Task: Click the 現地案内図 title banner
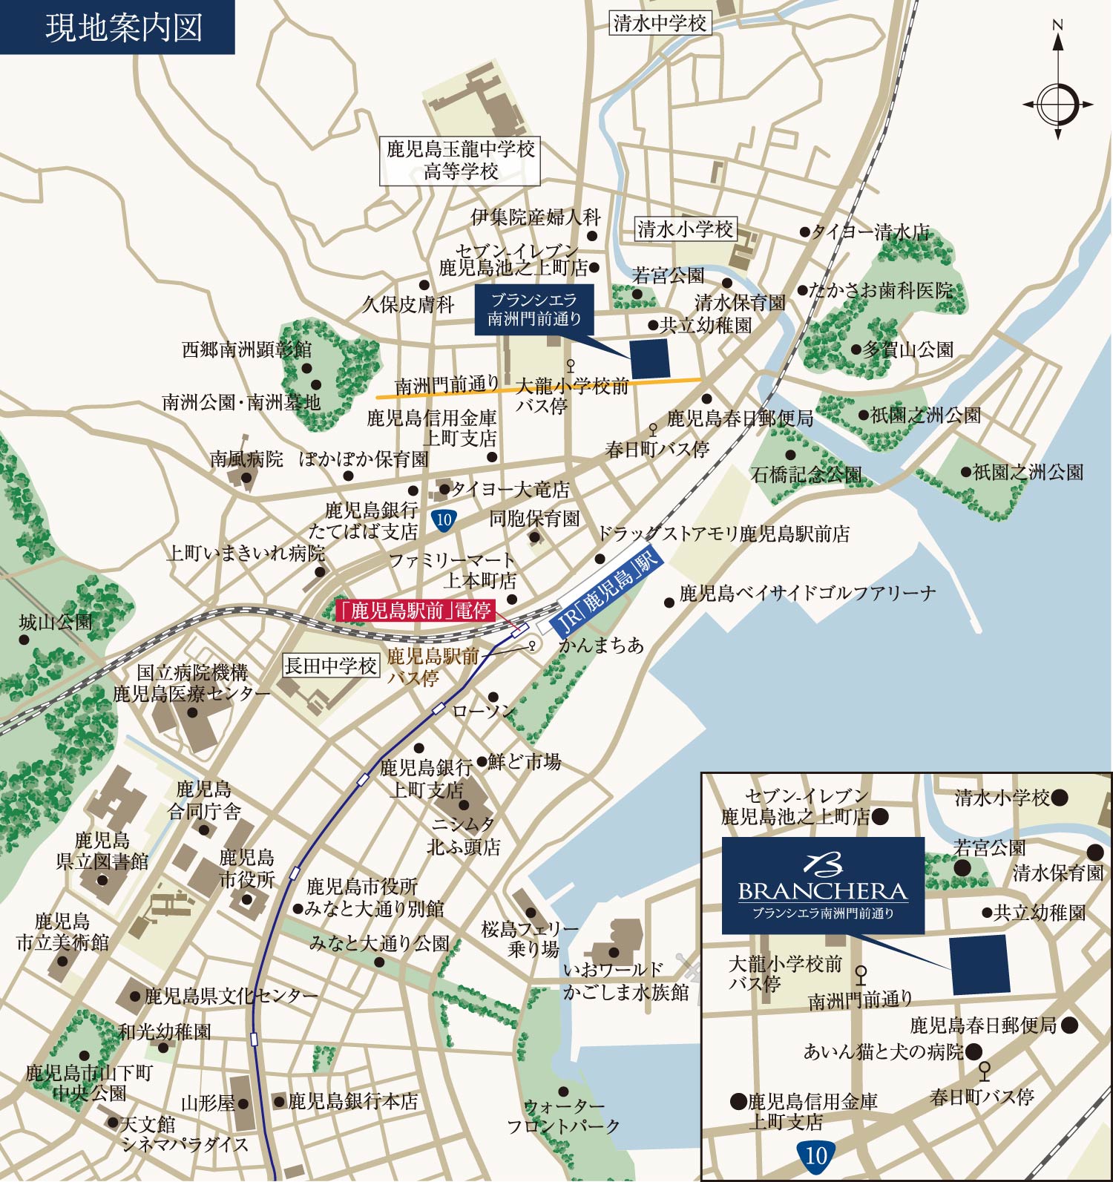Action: tap(117, 27)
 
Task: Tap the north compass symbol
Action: tap(1057, 103)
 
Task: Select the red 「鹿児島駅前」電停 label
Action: tap(415, 611)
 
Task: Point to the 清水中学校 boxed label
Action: tap(660, 23)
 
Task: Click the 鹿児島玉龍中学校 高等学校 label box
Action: tap(459, 160)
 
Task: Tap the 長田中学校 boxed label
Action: tap(331, 666)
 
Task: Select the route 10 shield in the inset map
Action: tap(816, 1155)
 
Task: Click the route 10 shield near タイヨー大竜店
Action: tap(444, 519)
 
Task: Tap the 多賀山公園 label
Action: tap(907, 349)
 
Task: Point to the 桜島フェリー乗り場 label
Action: tap(530, 939)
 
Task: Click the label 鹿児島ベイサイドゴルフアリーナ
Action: tap(807, 593)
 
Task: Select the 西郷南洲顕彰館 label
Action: tap(246, 349)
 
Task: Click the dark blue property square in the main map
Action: tap(650, 359)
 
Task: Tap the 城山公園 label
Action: tap(56, 622)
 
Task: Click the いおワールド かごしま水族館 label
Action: tap(625, 981)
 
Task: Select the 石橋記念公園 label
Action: tap(806, 474)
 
